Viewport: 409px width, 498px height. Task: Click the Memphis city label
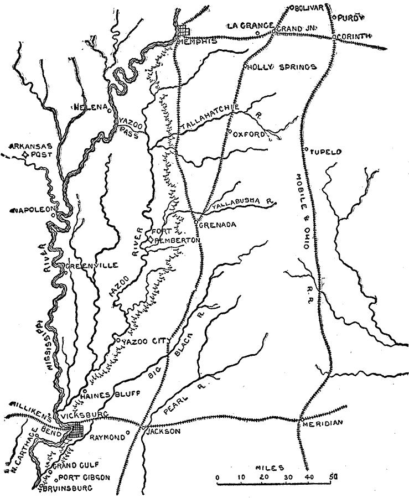(x=192, y=41)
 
